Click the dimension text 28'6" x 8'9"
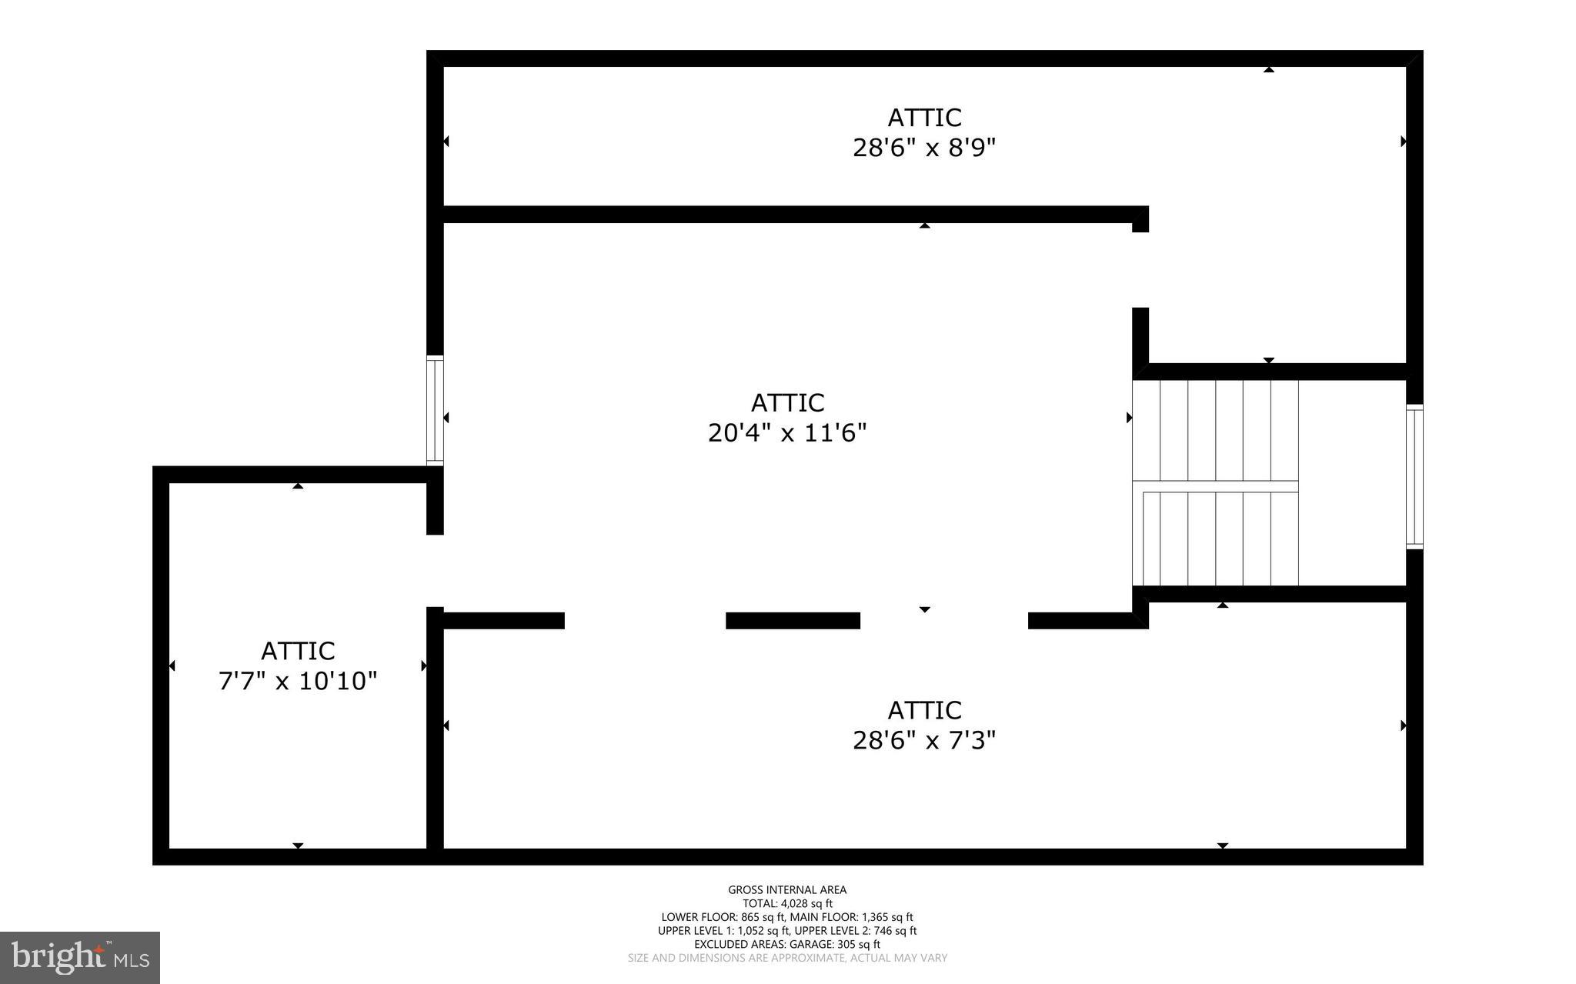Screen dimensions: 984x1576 coord(923,147)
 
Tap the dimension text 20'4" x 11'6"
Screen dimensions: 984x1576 coord(787,433)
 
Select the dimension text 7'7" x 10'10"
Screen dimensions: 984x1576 coord(298,681)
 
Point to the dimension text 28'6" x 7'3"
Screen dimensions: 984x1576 coord(923,740)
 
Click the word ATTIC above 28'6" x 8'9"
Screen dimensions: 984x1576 coord(924,118)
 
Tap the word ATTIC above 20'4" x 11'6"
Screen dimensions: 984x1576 coord(787,403)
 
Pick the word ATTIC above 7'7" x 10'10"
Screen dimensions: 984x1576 coord(298,651)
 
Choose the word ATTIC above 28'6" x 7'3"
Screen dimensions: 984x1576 coord(924,710)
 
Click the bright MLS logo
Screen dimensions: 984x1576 coord(80,957)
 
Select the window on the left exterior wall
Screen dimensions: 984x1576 coord(435,410)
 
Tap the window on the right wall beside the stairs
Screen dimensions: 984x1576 coord(1414,476)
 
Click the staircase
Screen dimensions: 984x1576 coord(1216,483)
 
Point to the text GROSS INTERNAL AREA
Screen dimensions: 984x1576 coord(787,890)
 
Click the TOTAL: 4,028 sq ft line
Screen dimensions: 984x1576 coord(787,903)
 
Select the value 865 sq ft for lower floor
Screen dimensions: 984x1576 coord(762,917)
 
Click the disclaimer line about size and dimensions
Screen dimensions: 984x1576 coord(787,958)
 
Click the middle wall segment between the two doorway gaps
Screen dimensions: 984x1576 coord(793,620)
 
